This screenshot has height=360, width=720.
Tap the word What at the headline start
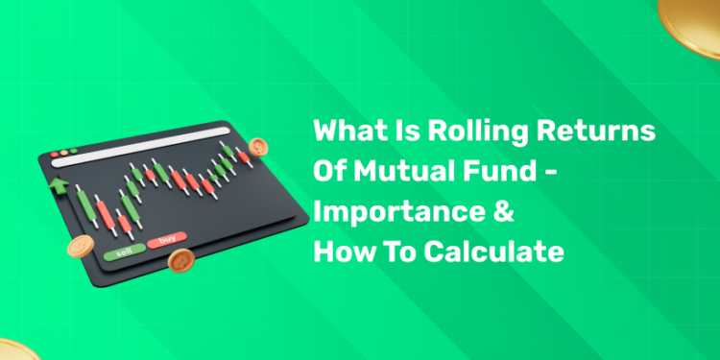coord(348,132)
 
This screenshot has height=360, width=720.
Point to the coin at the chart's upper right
coord(258,148)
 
